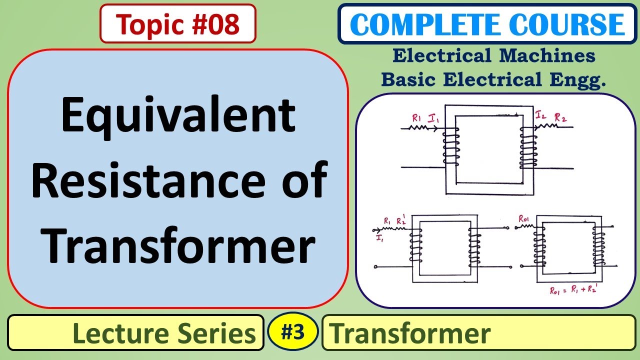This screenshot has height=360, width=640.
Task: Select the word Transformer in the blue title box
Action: [178, 245]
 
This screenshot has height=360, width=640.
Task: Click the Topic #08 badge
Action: [178, 23]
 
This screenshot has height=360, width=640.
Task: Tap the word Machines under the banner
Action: [548, 56]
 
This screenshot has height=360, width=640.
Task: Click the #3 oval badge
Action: [293, 332]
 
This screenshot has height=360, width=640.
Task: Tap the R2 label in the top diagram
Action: [562, 118]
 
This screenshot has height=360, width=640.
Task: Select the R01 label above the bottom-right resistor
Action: [525, 218]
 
